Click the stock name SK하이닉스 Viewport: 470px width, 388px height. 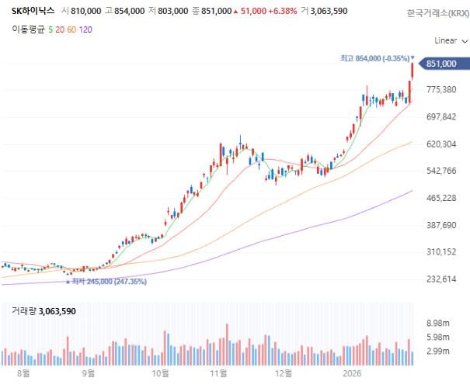pos(27,12)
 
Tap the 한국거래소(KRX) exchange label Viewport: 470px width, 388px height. pos(437,13)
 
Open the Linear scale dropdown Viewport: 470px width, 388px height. pos(448,40)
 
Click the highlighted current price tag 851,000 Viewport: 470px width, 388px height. pos(440,64)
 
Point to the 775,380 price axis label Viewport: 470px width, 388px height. pos(441,90)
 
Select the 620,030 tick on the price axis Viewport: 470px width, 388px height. pos(441,144)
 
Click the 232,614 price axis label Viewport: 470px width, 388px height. pos(441,279)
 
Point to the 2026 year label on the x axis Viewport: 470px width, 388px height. pos(353,372)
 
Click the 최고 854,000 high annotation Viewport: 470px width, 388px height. pos(375,58)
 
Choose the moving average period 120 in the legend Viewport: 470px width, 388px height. pos(85,29)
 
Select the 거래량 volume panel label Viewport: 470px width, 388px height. pos(22,311)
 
